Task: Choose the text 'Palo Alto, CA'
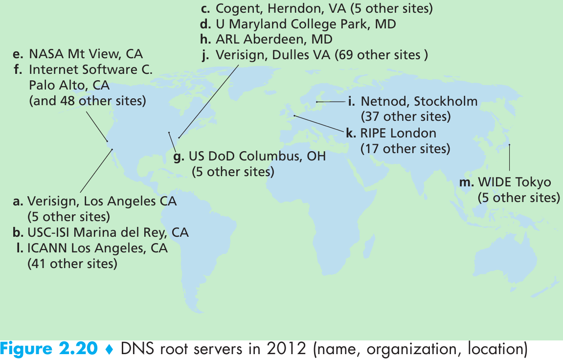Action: pyautogui.click(x=69, y=86)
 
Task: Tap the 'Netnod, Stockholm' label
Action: pyautogui.click(x=419, y=102)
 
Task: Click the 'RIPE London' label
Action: pyautogui.click(x=398, y=133)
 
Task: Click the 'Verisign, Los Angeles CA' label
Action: pyautogui.click(x=102, y=201)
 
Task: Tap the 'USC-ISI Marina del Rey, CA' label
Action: pyautogui.click(x=108, y=232)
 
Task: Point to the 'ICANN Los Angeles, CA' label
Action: pyautogui.click(x=97, y=248)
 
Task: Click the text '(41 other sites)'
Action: pyautogui.click(x=72, y=264)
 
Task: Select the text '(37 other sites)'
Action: pyautogui.click(x=405, y=117)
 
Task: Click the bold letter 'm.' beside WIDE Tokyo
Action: pyautogui.click(x=467, y=183)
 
